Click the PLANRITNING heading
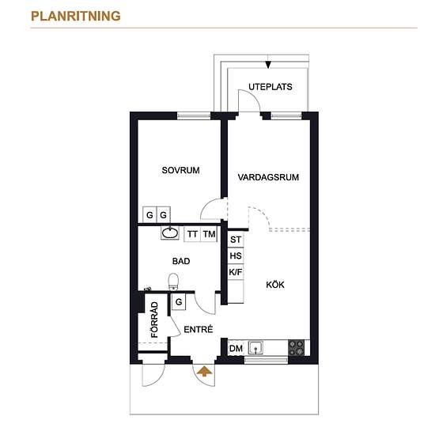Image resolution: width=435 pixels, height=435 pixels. (x=76, y=16)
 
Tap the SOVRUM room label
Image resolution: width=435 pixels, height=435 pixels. (x=180, y=170)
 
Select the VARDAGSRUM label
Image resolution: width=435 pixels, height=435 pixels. (x=268, y=177)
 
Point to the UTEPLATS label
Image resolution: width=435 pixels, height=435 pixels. (x=270, y=87)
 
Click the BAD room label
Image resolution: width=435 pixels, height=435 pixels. (x=181, y=261)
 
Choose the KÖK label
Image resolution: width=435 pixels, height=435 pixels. (x=275, y=285)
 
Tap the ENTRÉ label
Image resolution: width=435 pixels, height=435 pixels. (x=199, y=329)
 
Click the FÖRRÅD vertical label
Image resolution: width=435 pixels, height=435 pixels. (x=154, y=320)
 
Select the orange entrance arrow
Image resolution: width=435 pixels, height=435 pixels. (x=204, y=371)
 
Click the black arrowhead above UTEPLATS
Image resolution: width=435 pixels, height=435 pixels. (x=268, y=65)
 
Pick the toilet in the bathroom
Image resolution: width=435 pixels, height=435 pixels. (x=174, y=282)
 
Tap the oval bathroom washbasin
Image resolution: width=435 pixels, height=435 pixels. (x=170, y=233)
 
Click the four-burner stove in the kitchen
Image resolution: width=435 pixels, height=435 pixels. (x=296, y=348)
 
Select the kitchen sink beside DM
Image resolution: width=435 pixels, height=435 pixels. (x=255, y=348)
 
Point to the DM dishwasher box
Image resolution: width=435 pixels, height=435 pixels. (x=236, y=348)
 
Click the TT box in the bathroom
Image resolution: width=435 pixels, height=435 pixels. (x=192, y=234)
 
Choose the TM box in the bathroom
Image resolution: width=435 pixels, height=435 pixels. (x=209, y=234)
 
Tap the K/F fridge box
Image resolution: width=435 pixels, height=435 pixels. (x=236, y=272)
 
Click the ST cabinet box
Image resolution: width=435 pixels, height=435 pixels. (x=236, y=240)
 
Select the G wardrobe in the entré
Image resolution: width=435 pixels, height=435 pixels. (x=179, y=302)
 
